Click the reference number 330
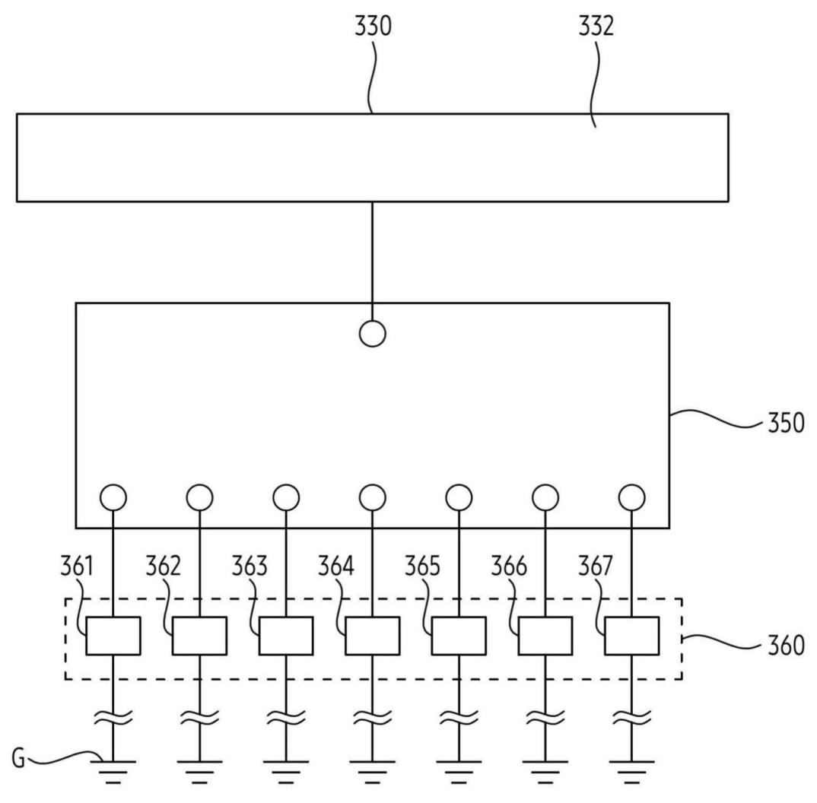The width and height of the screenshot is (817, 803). pyautogui.click(x=373, y=26)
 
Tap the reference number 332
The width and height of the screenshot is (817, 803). pyautogui.click(x=596, y=26)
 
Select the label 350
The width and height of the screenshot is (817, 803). pyautogui.click(x=787, y=423)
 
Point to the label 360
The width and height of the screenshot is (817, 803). pyautogui.click(x=787, y=645)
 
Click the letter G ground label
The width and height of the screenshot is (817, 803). pyautogui.click(x=18, y=758)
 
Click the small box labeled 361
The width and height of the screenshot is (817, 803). pyautogui.click(x=113, y=636)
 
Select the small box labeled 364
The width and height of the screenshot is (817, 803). pyautogui.click(x=373, y=636)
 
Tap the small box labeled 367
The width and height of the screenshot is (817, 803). pyautogui.click(x=632, y=636)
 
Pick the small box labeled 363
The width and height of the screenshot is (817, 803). pyautogui.click(x=286, y=636)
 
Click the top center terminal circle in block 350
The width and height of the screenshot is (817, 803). pyautogui.click(x=373, y=334)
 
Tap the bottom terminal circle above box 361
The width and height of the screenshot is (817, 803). pyautogui.click(x=113, y=497)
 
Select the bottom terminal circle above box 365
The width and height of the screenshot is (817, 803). pyautogui.click(x=459, y=497)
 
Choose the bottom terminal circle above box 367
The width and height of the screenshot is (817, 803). pyautogui.click(x=632, y=497)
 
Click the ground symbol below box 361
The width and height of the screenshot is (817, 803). pyautogui.click(x=113, y=772)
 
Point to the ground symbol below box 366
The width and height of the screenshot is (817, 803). pyautogui.click(x=545, y=772)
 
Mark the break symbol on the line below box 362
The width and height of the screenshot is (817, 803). pyautogui.click(x=199, y=718)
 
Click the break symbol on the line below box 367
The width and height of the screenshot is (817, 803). pyautogui.click(x=632, y=718)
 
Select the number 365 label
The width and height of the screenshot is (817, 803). pyautogui.click(x=422, y=566)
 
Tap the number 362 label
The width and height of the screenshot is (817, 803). pyautogui.click(x=163, y=566)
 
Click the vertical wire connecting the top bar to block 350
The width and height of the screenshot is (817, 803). pyautogui.click(x=373, y=261)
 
